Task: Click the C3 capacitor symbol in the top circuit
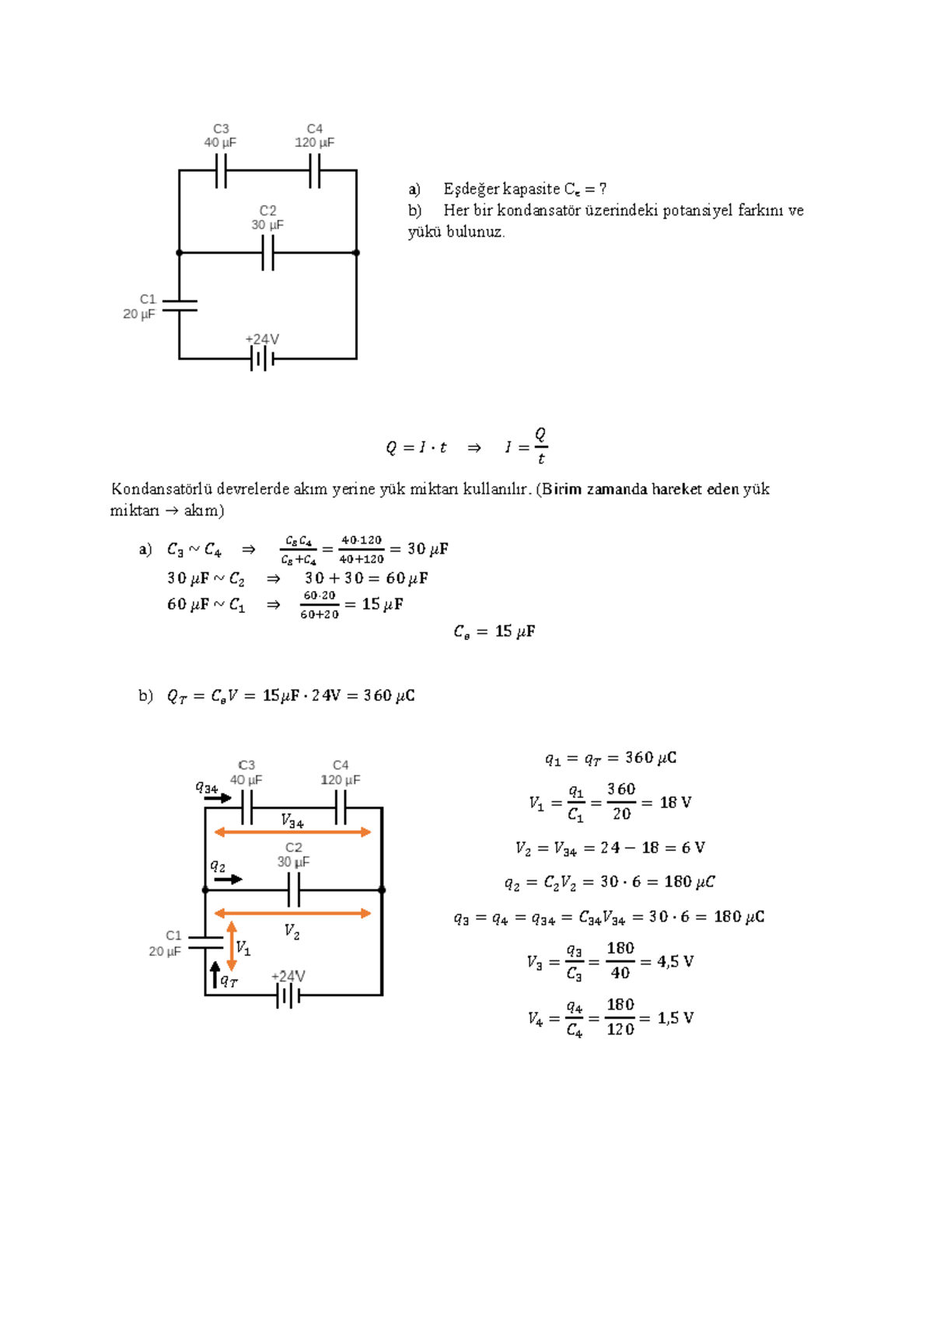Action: pyautogui.click(x=221, y=170)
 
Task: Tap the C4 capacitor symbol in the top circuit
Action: pyautogui.click(x=314, y=170)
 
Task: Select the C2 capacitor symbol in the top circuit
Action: pyautogui.click(x=267, y=253)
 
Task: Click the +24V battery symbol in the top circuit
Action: pyautogui.click(x=262, y=359)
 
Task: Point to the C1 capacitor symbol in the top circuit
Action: pyautogui.click(x=180, y=306)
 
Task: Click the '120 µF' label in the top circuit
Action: pyautogui.click(x=314, y=143)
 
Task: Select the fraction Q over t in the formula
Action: pyautogui.click(x=541, y=446)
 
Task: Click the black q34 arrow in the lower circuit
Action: pyautogui.click(x=219, y=798)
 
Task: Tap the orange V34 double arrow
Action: pyautogui.click(x=292, y=832)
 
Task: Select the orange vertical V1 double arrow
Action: pyautogui.click(x=232, y=946)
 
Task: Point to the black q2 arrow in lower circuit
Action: pyautogui.click(x=229, y=880)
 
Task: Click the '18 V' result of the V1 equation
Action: pyautogui.click(x=675, y=803)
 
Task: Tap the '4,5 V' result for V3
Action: pyautogui.click(x=675, y=962)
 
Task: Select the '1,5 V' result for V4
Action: pyautogui.click(x=675, y=1019)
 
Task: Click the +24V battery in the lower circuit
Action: pyautogui.click(x=288, y=995)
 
